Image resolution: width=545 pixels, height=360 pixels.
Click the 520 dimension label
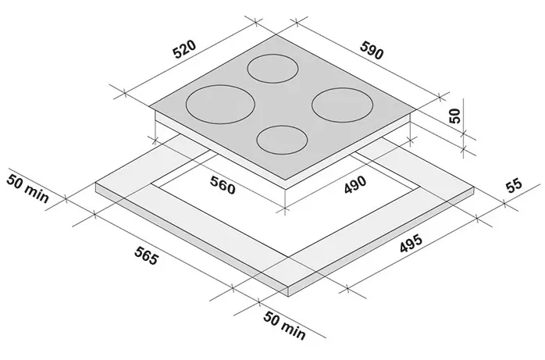pyautogui.click(x=184, y=50)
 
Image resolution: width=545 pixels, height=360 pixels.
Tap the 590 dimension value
pyautogui.click(x=372, y=51)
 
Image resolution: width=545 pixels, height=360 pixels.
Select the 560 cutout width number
pyautogui.click(x=223, y=185)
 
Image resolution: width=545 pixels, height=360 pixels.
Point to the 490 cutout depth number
pyautogui.click(x=355, y=184)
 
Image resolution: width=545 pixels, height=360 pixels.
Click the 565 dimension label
pyautogui.click(x=146, y=255)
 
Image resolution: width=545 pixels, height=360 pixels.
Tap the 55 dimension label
pyautogui.click(x=514, y=186)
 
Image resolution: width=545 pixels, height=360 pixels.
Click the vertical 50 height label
pyautogui.click(x=454, y=116)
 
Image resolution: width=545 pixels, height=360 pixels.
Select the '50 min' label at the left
pyautogui.click(x=28, y=189)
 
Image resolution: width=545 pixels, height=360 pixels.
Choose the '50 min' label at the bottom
pyautogui.click(x=285, y=326)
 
